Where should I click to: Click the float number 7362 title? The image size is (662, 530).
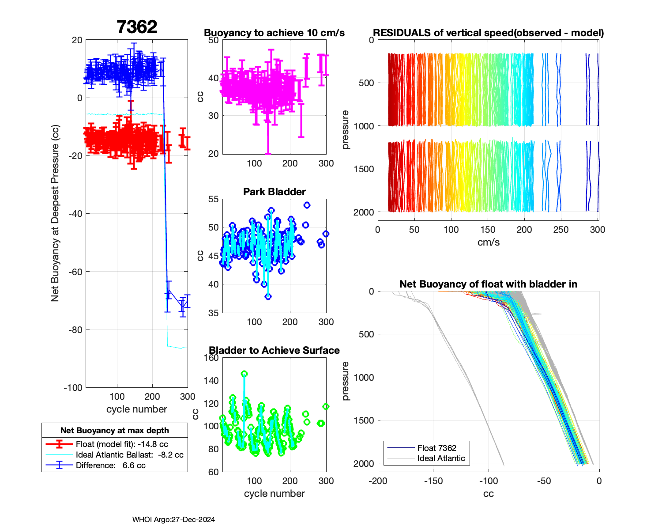(x=137, y=27)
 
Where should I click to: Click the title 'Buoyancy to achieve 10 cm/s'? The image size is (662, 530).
(x=274, y=33)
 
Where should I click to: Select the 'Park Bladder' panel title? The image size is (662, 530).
(x=274, y=192)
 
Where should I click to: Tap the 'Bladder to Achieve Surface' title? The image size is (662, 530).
(x=274, y=350)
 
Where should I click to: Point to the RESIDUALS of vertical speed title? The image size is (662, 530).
(x=488, y=33)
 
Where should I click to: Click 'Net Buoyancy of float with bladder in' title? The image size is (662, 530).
(x=488, y=284)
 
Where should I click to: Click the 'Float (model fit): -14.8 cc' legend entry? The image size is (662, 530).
(x=122, y=444)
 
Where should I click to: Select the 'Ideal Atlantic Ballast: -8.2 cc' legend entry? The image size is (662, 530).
(x=129, y=455)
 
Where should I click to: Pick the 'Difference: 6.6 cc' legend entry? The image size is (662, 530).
(x=110, y=466)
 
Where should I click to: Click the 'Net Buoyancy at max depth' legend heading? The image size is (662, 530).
(x=115, y=431)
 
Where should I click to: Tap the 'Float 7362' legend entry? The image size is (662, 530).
(x=436, y=448)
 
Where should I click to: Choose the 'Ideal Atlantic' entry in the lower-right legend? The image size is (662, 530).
(x=441, y=458)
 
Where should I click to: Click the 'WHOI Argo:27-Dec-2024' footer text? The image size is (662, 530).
(x=173, y=519)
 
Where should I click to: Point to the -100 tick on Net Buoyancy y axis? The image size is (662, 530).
(x=73, y=388)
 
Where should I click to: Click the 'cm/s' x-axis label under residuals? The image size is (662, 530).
(x=488, y=242)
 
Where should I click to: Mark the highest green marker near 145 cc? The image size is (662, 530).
(x=244, y=374)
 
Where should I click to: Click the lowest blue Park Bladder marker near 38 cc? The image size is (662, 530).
(x=268, y=297)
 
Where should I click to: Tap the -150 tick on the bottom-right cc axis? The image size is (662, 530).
(x=433, y=481)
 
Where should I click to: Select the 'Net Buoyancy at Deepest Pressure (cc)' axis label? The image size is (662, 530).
(x=55, y=213)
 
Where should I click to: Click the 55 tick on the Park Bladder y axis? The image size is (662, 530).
(x=213, y=199)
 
